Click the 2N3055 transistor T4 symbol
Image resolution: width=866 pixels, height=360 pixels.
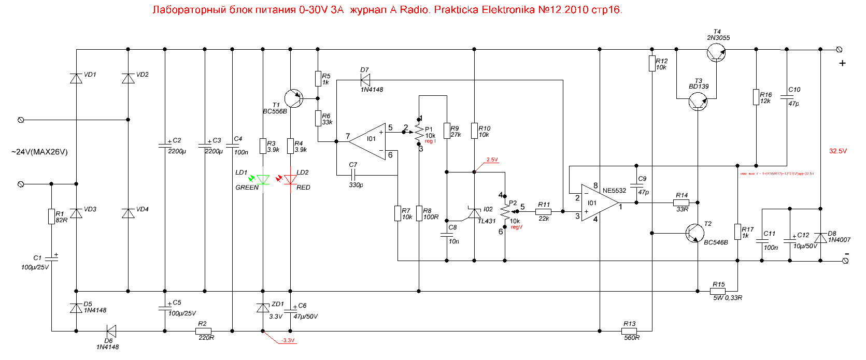[x=716, y=52]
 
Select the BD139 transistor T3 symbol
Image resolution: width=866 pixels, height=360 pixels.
[x=698, y=102]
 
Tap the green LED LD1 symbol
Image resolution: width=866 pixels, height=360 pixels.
[x=263, y=180]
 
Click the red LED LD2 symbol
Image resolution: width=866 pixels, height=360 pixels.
[x=291, y=180]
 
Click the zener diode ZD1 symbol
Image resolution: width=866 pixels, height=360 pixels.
[x=263, y=308]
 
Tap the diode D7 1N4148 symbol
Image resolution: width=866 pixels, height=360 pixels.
[x=365, y=80]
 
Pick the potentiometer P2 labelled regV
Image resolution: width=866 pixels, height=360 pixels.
[x=505, y=211]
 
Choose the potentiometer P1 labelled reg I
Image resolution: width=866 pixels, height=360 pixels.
[x=419, y=133]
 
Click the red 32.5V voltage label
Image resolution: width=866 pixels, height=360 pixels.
[x=837, y=151]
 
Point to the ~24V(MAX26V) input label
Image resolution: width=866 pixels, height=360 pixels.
[x=39, y=152]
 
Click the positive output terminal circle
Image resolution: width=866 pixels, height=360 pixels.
[x=840, y=50]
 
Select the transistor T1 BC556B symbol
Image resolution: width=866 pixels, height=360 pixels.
[x=293, y=98]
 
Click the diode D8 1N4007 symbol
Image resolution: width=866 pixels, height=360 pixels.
[x=820, y=238]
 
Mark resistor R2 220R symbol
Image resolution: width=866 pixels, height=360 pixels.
[x=203, y=330]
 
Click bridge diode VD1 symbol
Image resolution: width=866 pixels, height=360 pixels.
[x=76, y=78]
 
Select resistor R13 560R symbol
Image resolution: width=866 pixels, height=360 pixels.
[x=629, y=330]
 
